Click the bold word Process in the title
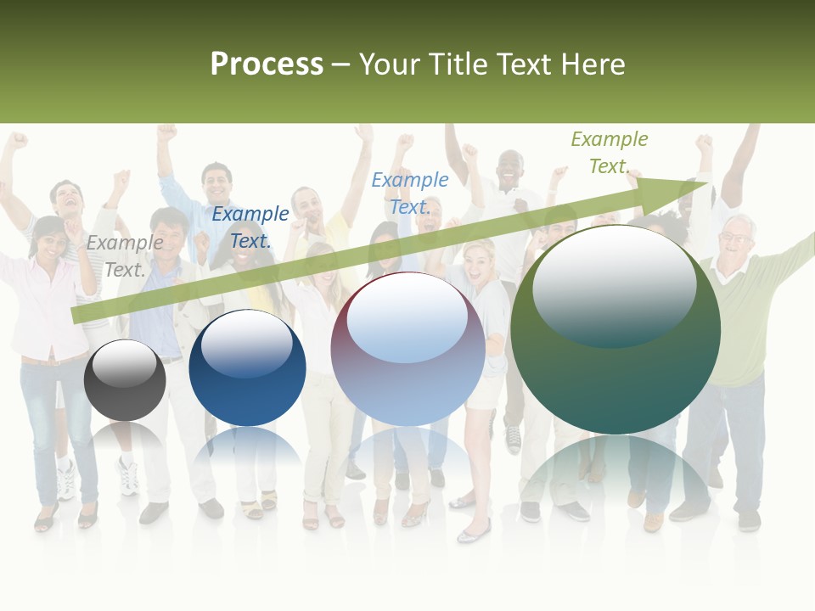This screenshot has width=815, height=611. pos(267,64)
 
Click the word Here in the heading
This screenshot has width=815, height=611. pos(594,64)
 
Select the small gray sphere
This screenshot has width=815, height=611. pos(125,380)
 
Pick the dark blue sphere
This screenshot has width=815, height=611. pos(247,368)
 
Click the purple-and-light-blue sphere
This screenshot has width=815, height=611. pos(407,349)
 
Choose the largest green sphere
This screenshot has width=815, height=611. pos(615,329)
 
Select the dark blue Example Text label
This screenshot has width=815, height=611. pos(250,227)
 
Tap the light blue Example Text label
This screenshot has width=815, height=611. pos(410,193)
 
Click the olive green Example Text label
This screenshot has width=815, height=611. pos(610,153)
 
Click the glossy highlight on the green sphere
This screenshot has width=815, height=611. pos(614,284)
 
